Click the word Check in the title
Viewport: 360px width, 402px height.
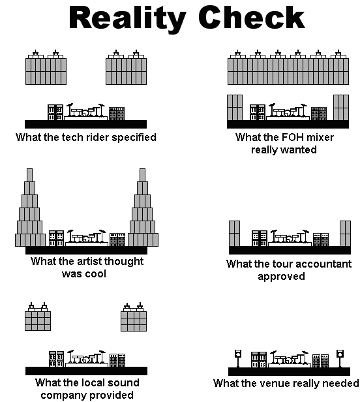(252, 17)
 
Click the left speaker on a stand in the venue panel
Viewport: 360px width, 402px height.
(238, 358)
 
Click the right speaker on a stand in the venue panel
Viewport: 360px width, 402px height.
(340, 358)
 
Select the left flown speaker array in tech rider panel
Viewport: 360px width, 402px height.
(46, 67)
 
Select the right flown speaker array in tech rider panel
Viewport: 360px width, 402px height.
(127, 67)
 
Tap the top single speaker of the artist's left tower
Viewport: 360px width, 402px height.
(30, 175)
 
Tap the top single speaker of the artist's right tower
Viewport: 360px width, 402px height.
(142, 175)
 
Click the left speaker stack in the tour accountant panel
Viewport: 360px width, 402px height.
(234, 234)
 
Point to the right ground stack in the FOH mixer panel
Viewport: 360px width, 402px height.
(341, 108)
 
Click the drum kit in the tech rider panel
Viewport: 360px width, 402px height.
(85, 112)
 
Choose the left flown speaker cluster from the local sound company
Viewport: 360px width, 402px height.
(38, 317)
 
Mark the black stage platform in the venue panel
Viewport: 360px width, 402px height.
(290, 371)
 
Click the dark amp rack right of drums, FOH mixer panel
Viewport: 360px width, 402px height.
(319, 114)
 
